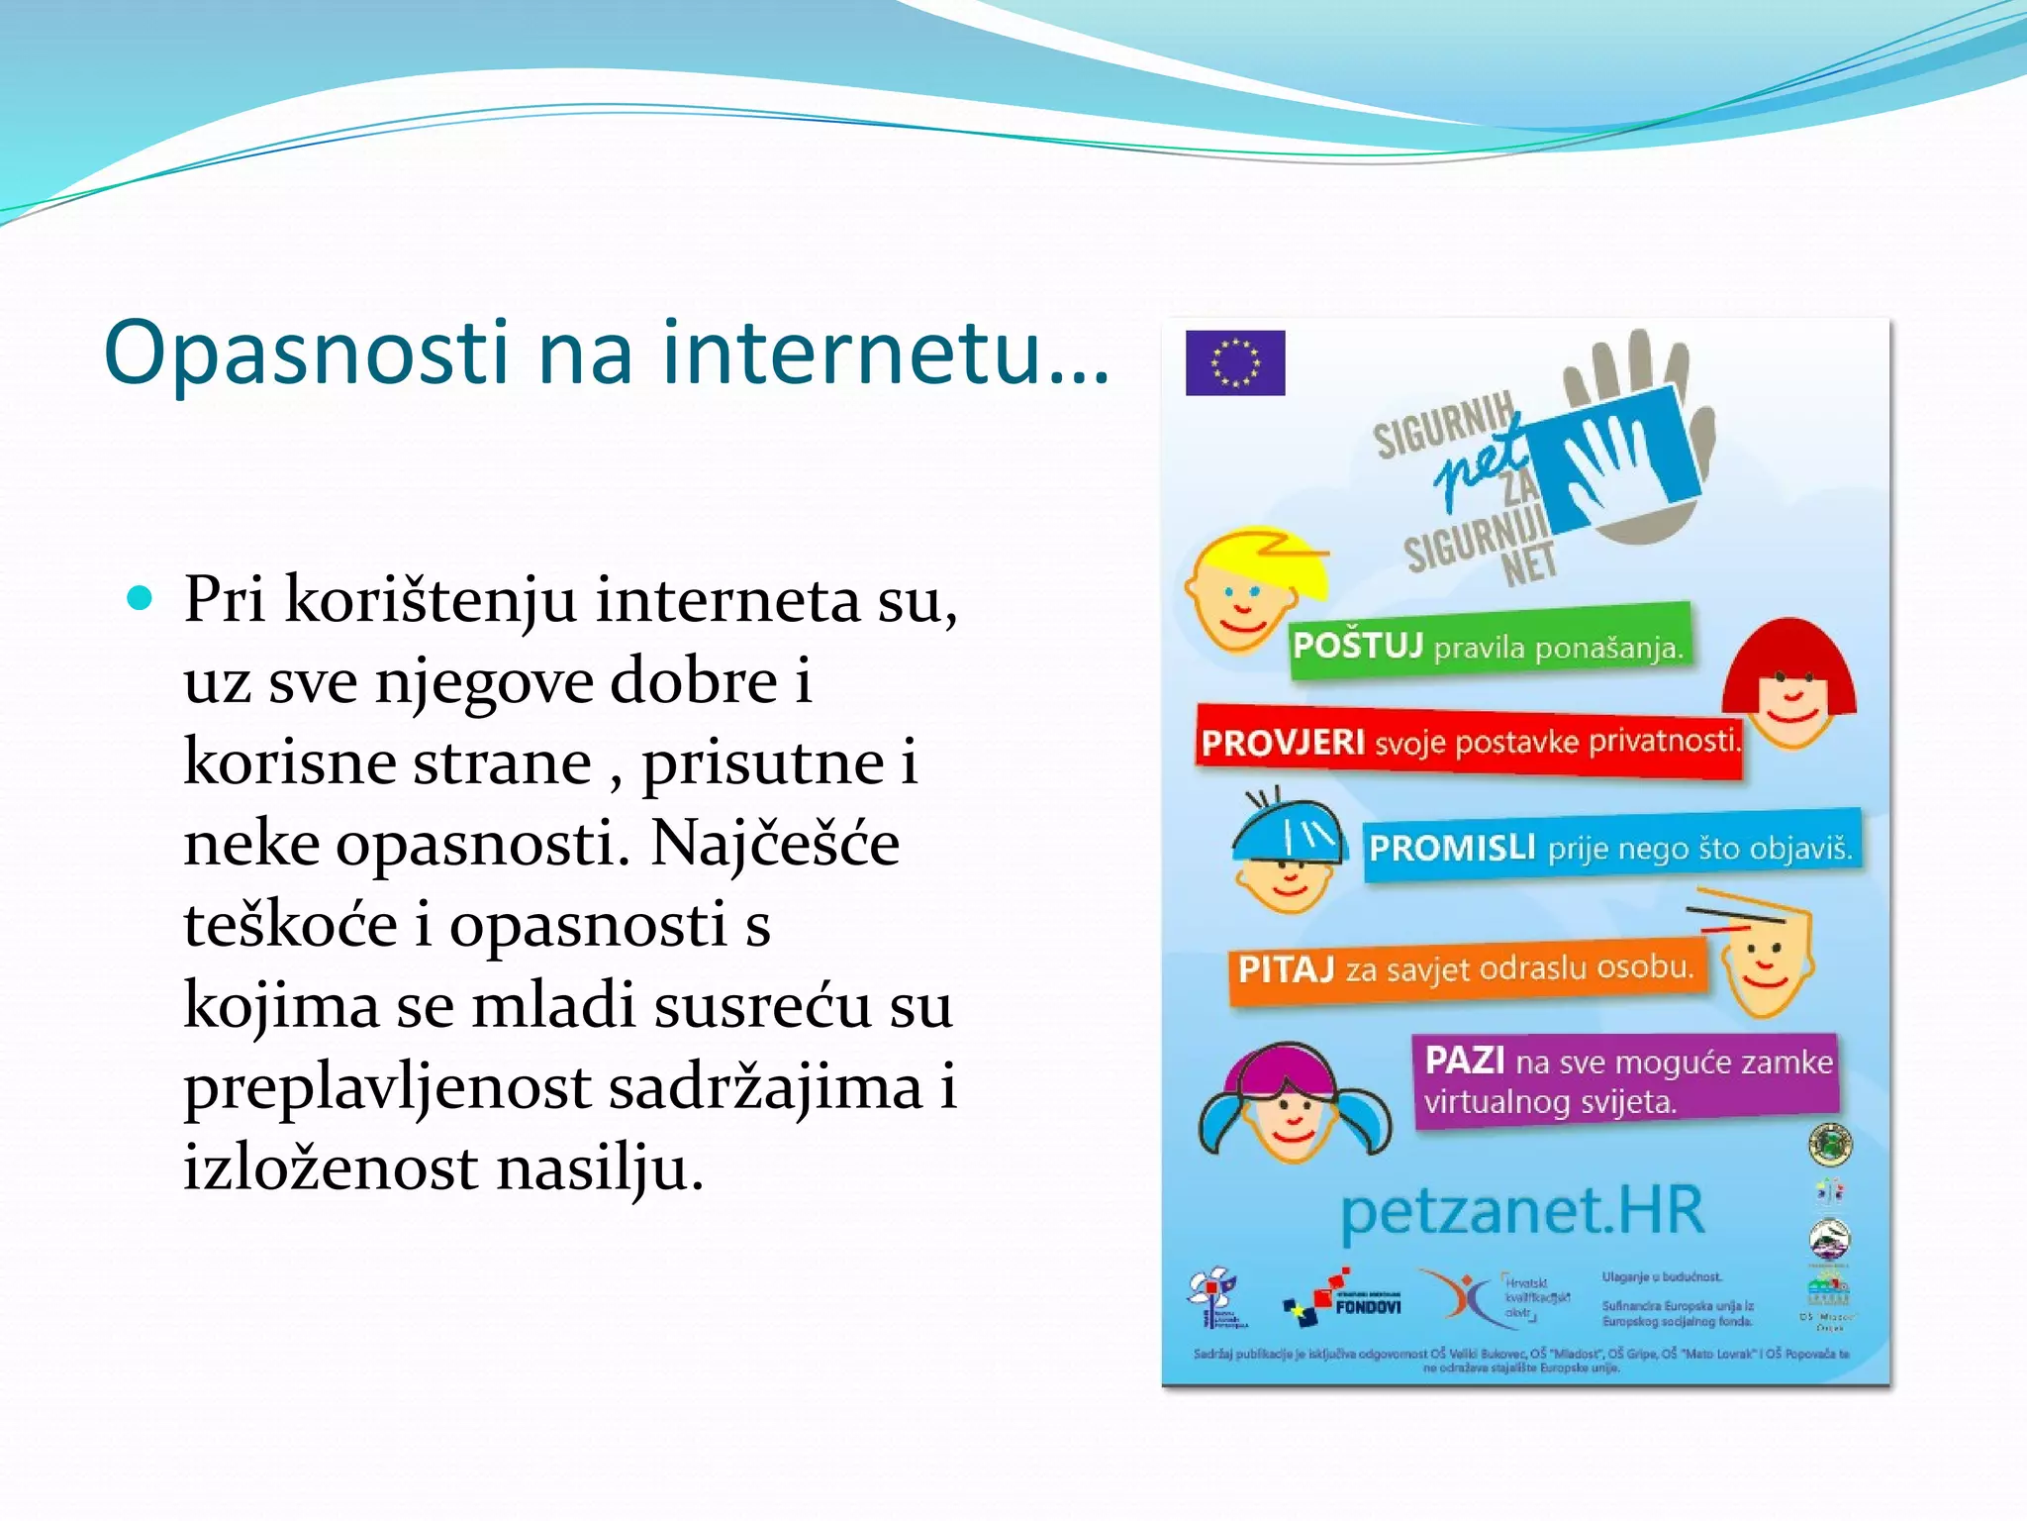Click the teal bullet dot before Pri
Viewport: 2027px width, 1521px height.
coord(141,598)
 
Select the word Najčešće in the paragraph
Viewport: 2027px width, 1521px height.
coord(775,844)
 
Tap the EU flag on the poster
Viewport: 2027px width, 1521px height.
coord(1235,362)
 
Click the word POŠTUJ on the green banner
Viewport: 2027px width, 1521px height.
coord(1357,646)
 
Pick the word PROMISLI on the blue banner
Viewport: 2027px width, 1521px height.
coord(1451,848)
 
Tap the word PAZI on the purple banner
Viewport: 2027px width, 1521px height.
coord(1465,1061)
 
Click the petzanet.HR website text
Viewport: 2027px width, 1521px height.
coord(1522,1211)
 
